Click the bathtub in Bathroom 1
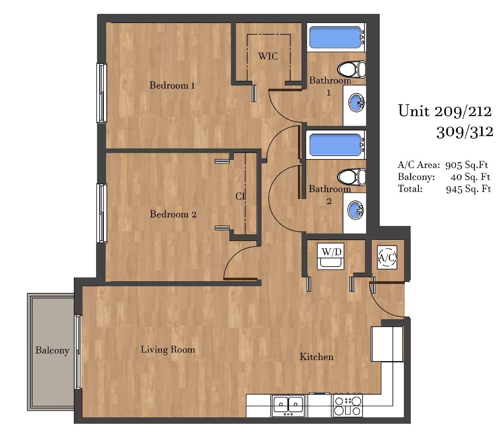click(x=336, y=37)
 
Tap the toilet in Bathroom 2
click(x=352, y=177)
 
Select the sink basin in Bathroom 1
click(x=356, y=102)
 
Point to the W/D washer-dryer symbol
click(x=331, y=256)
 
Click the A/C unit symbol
click(x=387, y=257)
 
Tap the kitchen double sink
click(x=288, y=406)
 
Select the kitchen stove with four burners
click(x=348, y=406)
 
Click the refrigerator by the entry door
click(x=387, y=344)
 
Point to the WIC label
click(x=268, y=56)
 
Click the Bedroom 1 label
click(x=172, y=85)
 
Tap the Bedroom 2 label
click(x=173, y=214)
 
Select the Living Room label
click(x=168, y=349)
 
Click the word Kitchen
click(x=317, y=357)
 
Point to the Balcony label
click(x=52, y=350)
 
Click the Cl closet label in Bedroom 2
click(x=240, y=196)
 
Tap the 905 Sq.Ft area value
click(x=467, y=165)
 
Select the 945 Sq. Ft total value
click(x=469, y=189)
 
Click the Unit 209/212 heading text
click(x=445, y=111)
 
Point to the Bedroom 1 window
click(x=101, y=93)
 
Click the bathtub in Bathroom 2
click(x=336, y=145)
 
